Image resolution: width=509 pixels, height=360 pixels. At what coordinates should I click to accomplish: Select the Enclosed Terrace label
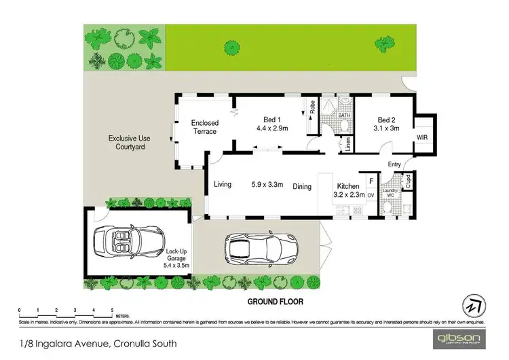[205, 127]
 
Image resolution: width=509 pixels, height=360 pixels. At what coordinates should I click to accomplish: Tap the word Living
[223, 185]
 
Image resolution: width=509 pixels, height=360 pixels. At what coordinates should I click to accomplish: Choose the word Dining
[303, 186]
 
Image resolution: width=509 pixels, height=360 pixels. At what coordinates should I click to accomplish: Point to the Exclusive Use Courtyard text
[129, 143]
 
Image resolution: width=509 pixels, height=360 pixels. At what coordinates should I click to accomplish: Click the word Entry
[394, 164]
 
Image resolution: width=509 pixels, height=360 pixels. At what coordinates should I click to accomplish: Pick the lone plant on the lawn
[232, 47]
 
